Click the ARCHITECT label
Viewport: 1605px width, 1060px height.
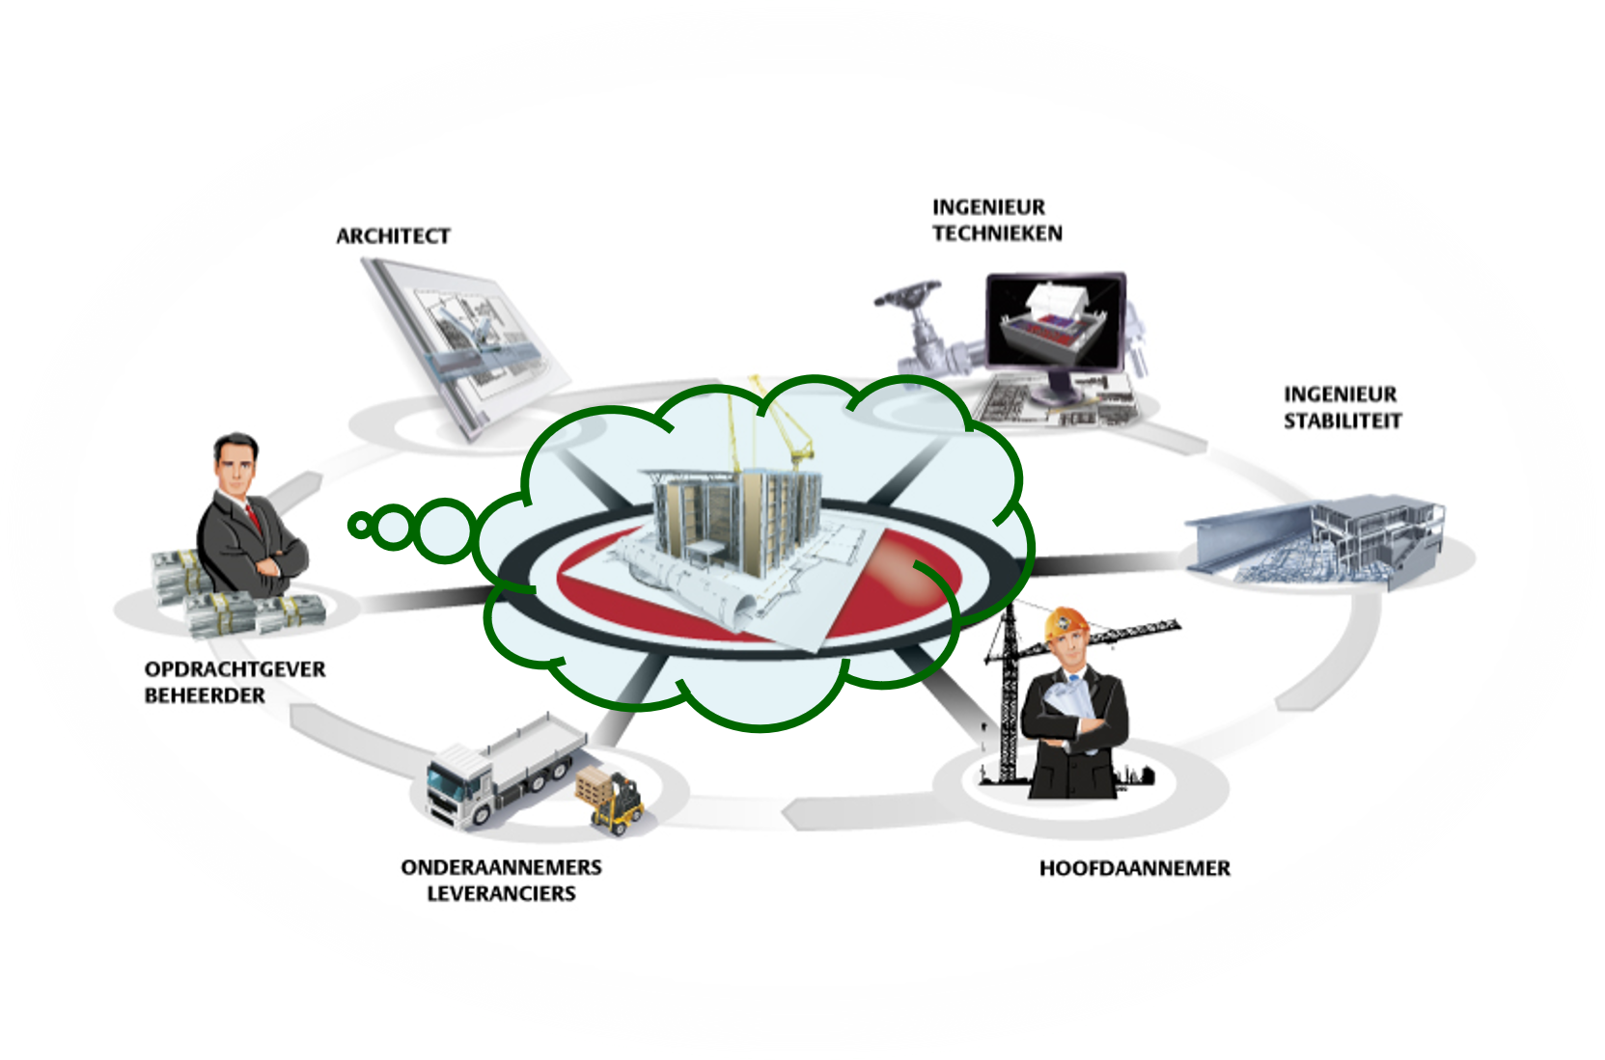393,236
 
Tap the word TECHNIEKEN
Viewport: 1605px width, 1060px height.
997,233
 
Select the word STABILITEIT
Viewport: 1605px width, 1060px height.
1342,421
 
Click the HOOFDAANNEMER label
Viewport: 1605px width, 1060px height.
1134,868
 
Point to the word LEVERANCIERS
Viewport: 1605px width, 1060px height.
501,894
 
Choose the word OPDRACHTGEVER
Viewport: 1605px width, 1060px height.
235,669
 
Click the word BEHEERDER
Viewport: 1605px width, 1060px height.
205,695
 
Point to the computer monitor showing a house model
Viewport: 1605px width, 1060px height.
1055,323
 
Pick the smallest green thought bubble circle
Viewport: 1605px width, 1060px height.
361,526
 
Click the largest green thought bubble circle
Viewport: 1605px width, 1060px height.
444,530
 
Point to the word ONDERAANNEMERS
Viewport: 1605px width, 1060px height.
501,867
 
